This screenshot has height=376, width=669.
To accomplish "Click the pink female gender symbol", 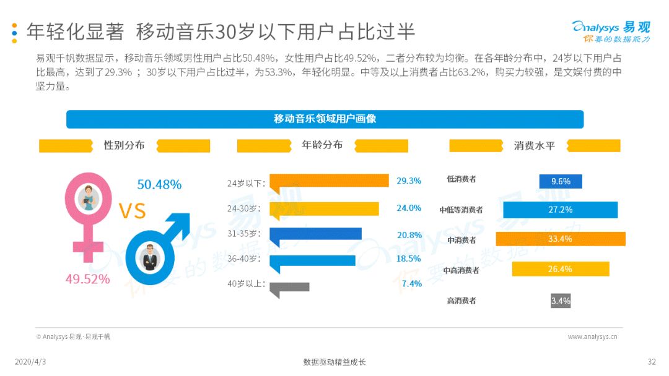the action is pos(88,247).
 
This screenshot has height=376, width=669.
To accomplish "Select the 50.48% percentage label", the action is pos(159,184).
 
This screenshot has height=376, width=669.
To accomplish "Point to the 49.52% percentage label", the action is pos(87,279).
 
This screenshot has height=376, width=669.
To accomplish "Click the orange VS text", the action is pos(133,211).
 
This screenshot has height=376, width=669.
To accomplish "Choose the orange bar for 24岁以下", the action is pos(330,181).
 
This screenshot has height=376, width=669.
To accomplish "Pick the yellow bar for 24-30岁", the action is pos(324,209).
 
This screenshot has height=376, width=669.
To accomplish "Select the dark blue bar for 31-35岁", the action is pos(316,234).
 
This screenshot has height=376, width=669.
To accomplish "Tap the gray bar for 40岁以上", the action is pos(289,288).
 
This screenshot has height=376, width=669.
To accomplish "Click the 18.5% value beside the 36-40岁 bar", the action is pos(408,258).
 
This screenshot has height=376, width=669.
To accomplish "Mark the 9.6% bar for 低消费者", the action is pos(561,181).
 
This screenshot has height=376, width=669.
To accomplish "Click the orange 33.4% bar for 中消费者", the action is pos(561,239).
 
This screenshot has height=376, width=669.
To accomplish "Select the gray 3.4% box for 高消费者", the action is pos(561,301).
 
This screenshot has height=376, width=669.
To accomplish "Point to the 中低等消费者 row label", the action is pos(461,210).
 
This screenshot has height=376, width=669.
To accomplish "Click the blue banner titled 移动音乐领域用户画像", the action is pos(325,119).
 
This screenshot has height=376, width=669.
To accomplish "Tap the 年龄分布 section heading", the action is pos(322,145).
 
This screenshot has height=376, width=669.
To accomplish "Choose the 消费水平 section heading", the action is pos(534,146).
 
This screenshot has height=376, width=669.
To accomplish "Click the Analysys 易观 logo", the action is pos(611,32).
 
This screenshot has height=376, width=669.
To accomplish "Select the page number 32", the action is pos(652,362).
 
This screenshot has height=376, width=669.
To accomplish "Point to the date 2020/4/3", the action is pos(30,362).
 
